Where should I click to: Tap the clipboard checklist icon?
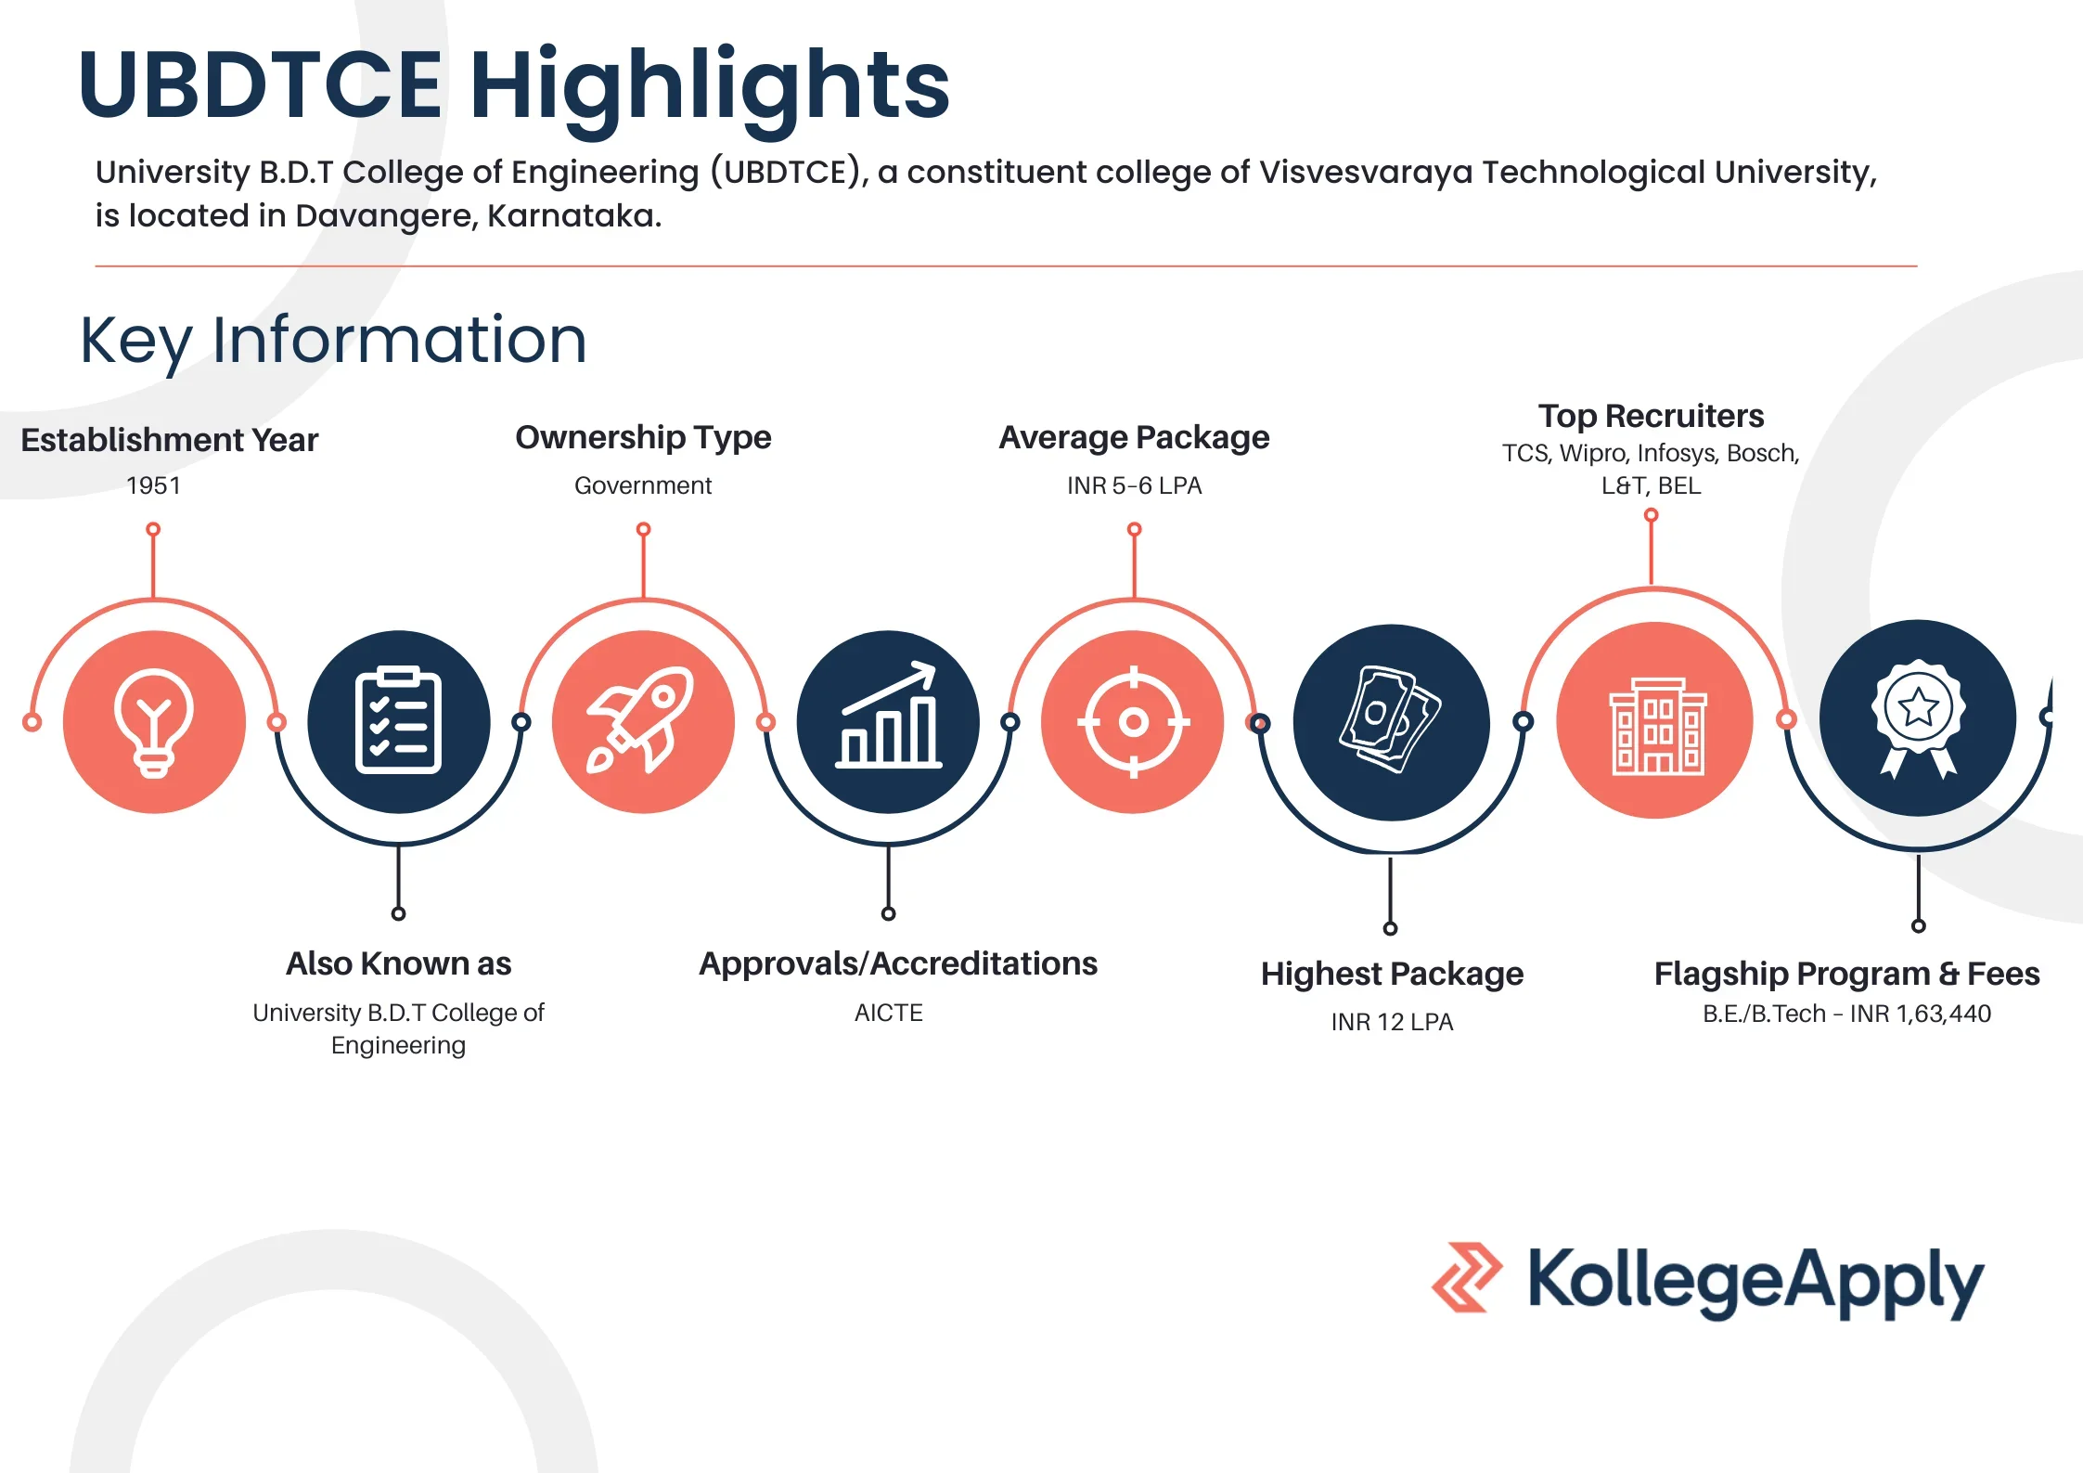click(398, 720)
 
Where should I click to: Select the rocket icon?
click(641, 719)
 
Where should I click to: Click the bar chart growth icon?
click(888, 715)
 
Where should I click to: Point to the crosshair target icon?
click(1133, 721)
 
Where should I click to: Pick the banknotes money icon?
click(1390, 719)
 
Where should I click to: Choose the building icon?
click(1657, 726)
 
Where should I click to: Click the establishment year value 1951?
click(153, 485)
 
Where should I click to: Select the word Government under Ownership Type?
click(643, 485)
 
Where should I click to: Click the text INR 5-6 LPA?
click(1134, 485)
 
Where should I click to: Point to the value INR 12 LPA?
click(1392, 1022)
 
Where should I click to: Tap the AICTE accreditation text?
click(889, 1013)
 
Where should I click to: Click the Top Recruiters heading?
click(1651, 416)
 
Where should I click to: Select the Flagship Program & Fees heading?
click(1846, 974)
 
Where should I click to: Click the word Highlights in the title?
click(710, 88)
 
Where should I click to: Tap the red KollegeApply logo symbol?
click(1467, 1277)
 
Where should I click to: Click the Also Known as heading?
click(398, 963)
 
